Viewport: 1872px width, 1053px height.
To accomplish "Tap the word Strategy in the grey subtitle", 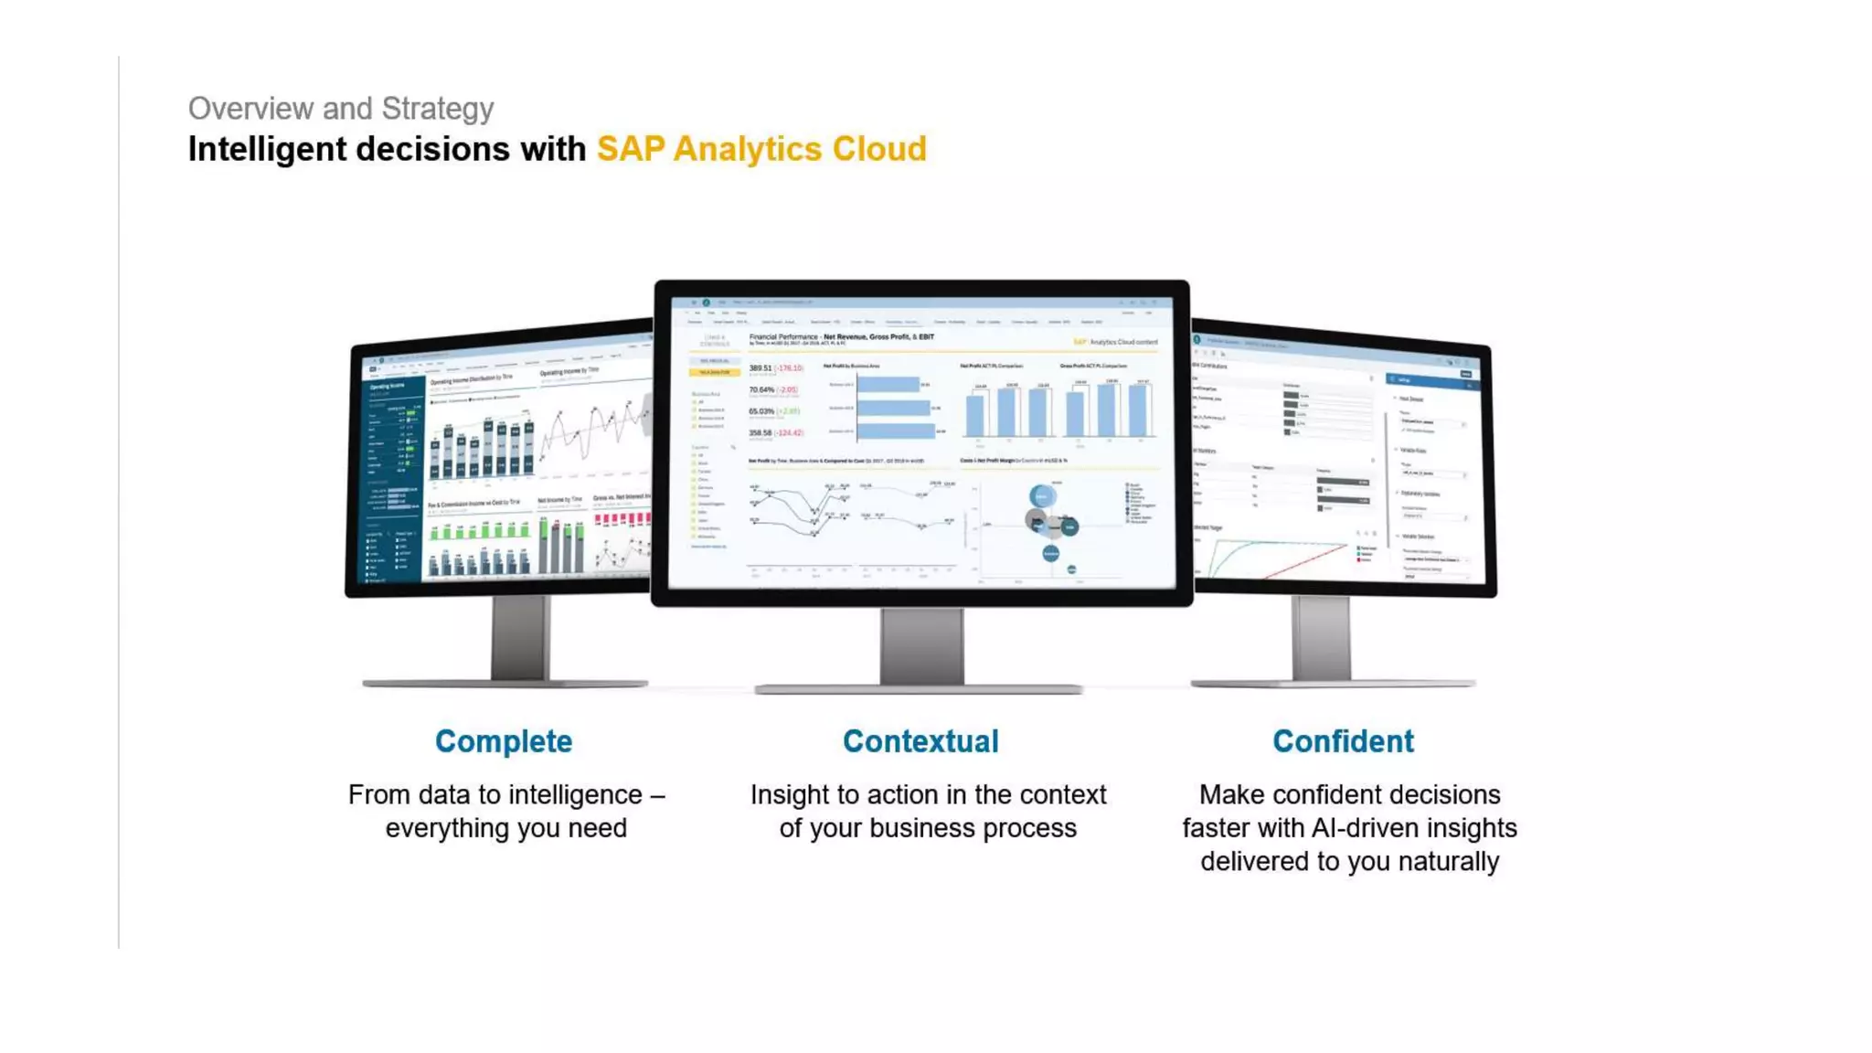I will click(437, 109).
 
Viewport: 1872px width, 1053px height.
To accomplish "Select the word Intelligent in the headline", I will click(267, 149).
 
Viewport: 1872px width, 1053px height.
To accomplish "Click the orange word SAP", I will click(630, 149).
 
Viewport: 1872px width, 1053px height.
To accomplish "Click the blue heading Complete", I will click(504, 741).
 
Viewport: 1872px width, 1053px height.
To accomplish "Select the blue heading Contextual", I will click(920, 741).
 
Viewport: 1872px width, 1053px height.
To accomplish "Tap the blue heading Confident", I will click(1343, 741).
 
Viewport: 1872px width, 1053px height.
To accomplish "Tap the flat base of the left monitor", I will click(505, 683).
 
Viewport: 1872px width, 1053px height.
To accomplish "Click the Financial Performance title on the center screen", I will click(783, 337).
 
